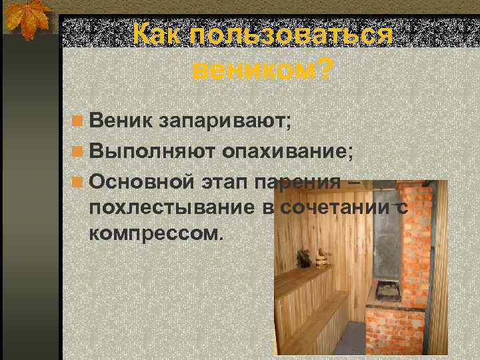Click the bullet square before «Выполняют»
[x=79, y=151]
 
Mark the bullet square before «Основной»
[x=79, y=181]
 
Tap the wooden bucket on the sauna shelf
[x=320, y=258]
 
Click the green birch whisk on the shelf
[x=304, y=256]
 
